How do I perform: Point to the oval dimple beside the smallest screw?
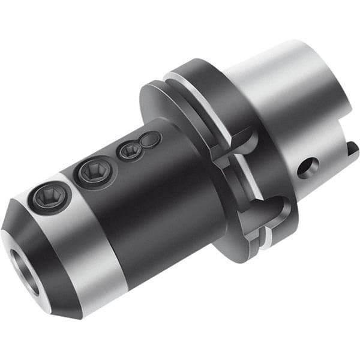point(151,140)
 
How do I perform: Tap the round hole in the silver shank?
point(307,167)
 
